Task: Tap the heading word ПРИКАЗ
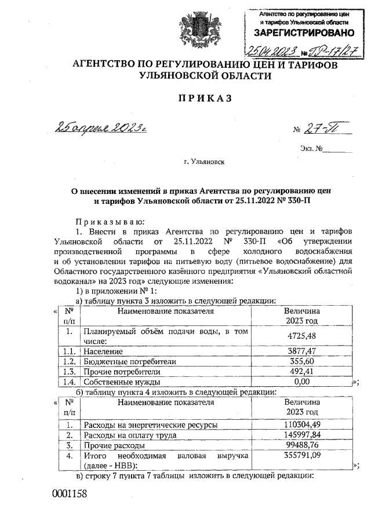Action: tap(205, 99)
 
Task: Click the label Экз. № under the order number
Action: tap(311, 149)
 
